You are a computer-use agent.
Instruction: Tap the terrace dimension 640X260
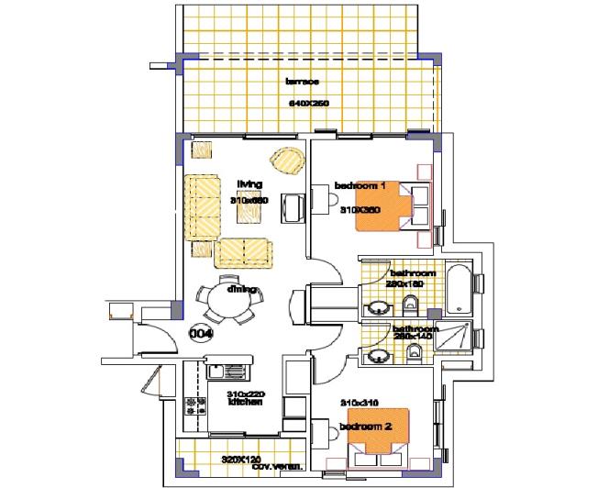click(x=308, y=103)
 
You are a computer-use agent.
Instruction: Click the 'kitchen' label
click(x=245, y=403)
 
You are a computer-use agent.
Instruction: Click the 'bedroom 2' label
click(x=365, y=427)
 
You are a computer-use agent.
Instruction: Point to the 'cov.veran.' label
click(x=246, y=468)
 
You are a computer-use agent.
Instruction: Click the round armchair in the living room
click(x=289, y=161)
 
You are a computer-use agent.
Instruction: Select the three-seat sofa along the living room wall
click(x=202, y=206)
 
